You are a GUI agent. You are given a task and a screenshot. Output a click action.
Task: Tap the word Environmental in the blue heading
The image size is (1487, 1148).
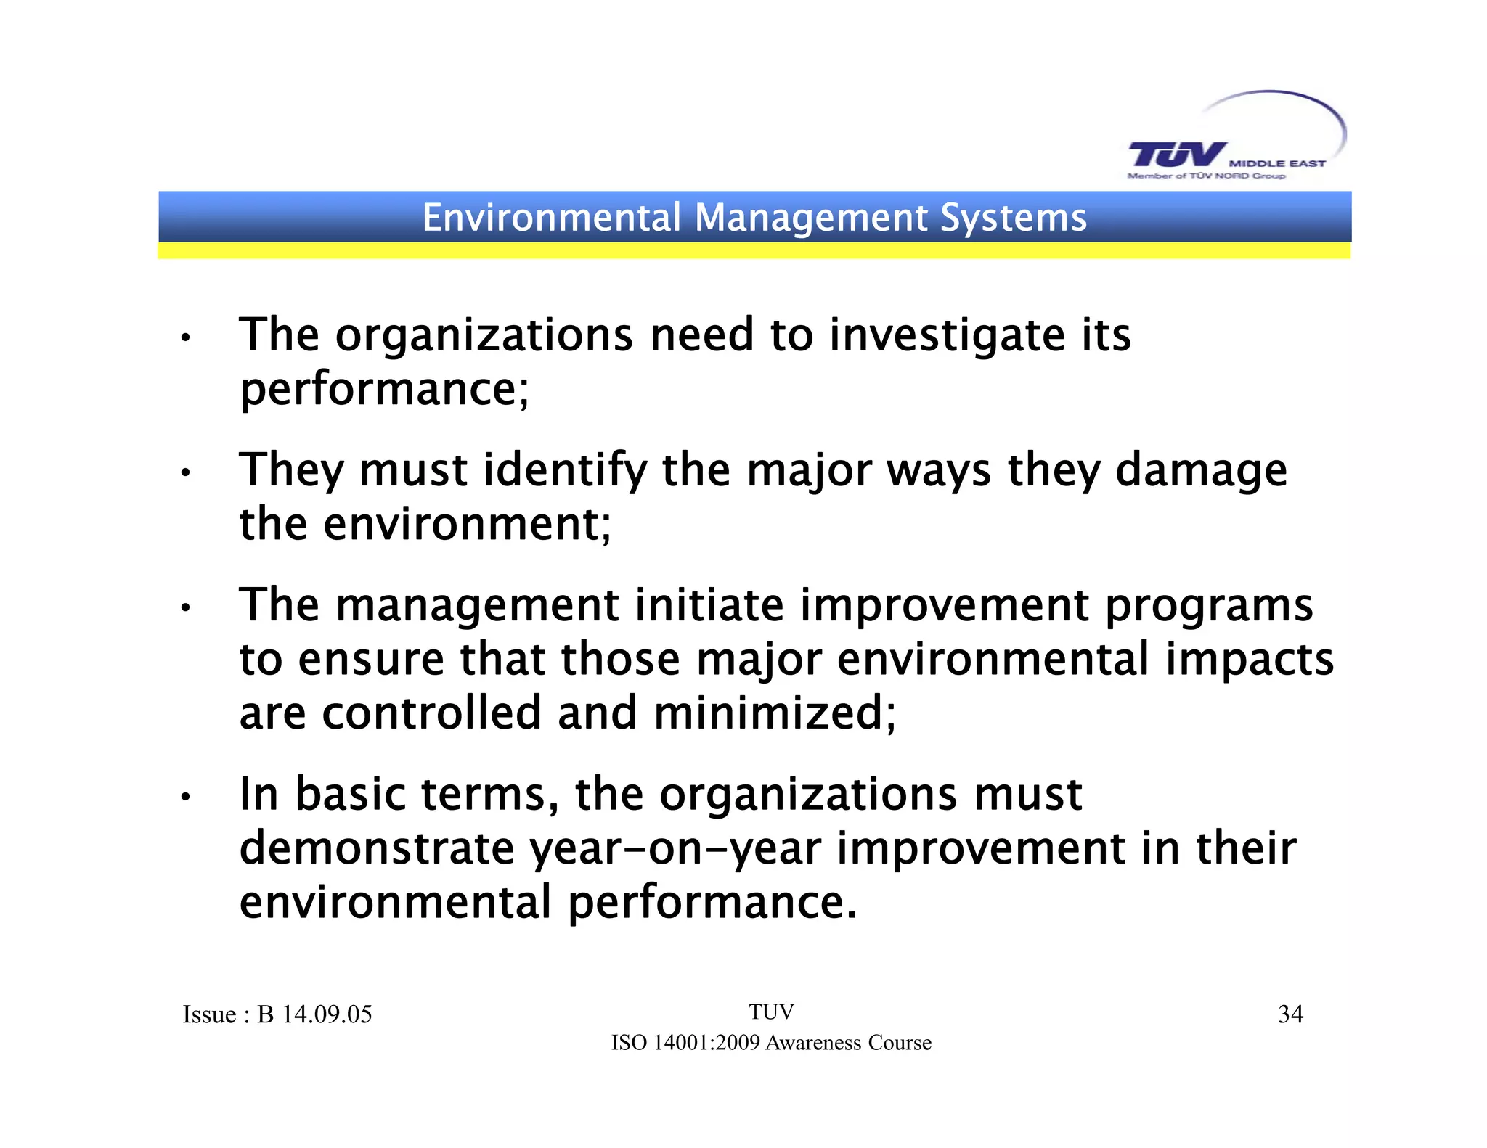(552, 218)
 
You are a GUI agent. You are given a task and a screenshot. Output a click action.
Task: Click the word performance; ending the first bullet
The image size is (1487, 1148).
(385, 390)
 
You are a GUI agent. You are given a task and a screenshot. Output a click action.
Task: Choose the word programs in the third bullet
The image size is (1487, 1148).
(1209, 607)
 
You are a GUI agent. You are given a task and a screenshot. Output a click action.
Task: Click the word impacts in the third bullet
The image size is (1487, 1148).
(1250, 660)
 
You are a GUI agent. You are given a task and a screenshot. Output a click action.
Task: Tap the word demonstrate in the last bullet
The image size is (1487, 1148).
(376, 848)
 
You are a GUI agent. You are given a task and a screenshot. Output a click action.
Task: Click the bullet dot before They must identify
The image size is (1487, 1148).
(186, 474)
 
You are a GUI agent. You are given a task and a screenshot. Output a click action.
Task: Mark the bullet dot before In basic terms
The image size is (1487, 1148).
(186, 798)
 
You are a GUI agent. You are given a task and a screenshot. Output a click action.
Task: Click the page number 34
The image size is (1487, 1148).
(1290, 1014)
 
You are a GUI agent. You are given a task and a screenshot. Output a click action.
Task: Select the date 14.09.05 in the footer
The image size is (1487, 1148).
(327, 1014)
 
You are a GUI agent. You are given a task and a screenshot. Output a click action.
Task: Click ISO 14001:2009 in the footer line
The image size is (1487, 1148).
(685, 1043)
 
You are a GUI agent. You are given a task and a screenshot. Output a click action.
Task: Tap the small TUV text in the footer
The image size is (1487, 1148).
(771, 1012)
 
